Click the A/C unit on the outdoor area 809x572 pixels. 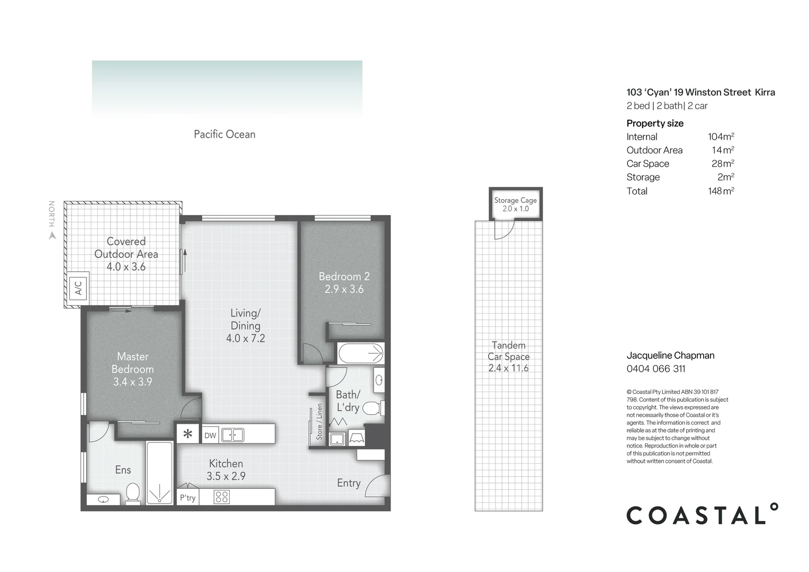point(78,288)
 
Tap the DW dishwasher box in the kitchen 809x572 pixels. point(210,435)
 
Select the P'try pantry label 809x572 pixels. point(187,497)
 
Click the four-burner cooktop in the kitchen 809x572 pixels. point(222,497)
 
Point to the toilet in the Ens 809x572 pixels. point(132,493)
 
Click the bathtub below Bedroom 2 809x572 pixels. point(361,352)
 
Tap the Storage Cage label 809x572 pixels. point(515,200)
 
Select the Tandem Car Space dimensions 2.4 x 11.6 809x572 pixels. point(508,368)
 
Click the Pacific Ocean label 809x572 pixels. point(224,135)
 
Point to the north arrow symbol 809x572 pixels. point(52,236)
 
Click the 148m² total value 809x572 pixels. point(721,191)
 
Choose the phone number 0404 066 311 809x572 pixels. point(655,369)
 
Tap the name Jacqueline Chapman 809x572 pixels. point(670,355)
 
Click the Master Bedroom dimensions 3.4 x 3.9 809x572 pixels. point(132,382)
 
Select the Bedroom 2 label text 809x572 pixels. point(344,276)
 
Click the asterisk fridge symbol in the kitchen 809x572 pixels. point(187,435)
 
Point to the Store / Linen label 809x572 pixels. point(319,422)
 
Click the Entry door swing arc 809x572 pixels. point(377,485)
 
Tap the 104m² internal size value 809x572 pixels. point(721,137)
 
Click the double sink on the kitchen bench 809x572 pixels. point(232,435)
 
